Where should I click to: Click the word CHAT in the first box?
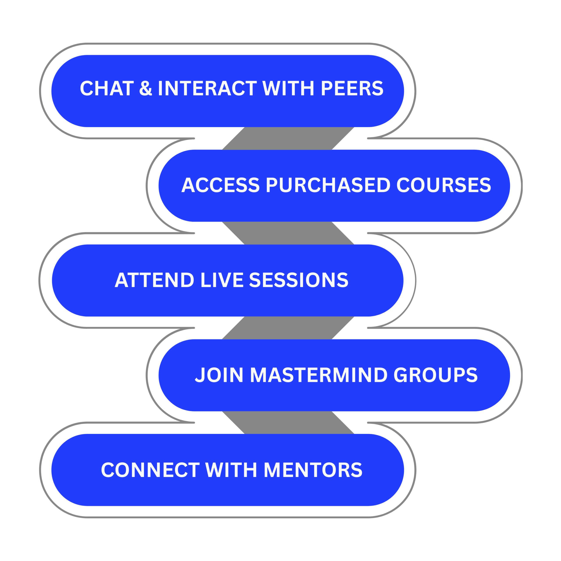(x=107, y=88)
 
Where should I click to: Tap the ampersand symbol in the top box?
(x=146, y=88)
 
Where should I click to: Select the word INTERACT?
(x=207, y=88)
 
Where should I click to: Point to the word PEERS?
(x=352, y=88)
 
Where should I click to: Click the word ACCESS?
(x=220, y=185)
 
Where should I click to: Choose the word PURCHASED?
(x=328, y=185)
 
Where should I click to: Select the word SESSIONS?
(x=298, y=280)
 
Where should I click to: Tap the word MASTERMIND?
(x=319, y=375)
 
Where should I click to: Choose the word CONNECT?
(x=150, y=470)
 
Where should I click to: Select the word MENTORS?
(x=313, y=470)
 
